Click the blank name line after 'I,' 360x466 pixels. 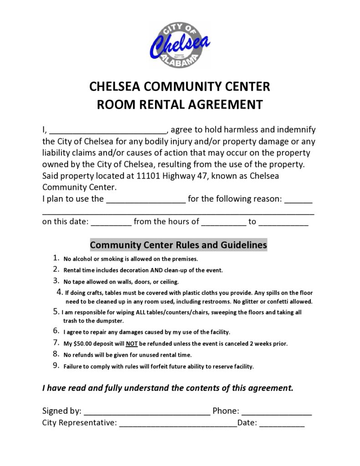pos(108,130)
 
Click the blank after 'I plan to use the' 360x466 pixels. pos(146,199)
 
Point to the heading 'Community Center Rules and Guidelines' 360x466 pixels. pos(178,245)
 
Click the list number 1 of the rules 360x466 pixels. pos(56,258)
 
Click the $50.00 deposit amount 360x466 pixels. pos(82,344)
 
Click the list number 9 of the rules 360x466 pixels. pos(56,366)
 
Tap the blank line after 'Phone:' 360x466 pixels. pos(276,412)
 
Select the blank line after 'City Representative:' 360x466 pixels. pos(178,424)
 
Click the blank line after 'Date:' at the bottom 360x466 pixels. pos(282,424)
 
